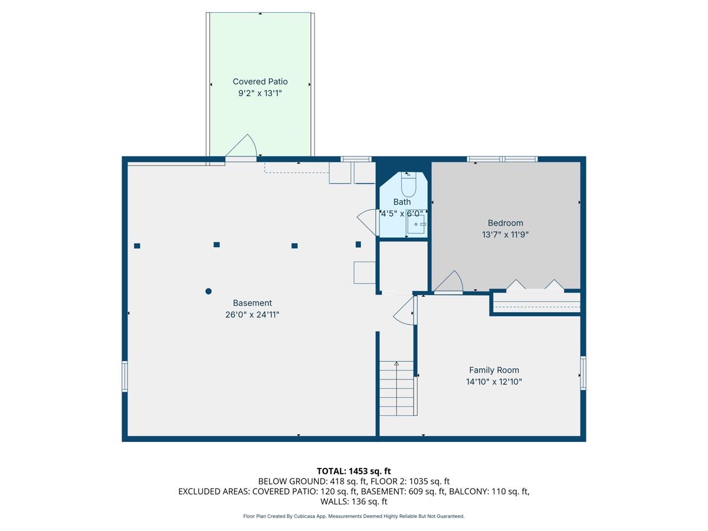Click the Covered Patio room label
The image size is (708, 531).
(260, 81)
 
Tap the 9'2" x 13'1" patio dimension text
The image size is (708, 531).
(260, 93)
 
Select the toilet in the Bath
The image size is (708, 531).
(408, 185)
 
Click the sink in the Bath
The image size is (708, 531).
(416, 224)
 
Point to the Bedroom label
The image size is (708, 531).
(505, 223)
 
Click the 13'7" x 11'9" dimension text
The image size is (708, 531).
(505, 235)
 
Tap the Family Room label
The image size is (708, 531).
(494, 370)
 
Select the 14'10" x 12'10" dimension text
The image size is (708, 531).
(494, 382)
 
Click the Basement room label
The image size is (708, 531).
(253, 303)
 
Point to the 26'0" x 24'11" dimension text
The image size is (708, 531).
(253, 314)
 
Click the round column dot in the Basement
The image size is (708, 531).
(208, 291)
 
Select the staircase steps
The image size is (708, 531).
(396, 388)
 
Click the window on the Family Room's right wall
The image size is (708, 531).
(583, 373)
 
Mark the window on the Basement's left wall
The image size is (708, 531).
(124, 376)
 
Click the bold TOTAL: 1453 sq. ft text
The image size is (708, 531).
(354, 471)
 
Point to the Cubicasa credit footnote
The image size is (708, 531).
(354, 516)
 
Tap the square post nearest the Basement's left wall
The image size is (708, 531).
(137, 246)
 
